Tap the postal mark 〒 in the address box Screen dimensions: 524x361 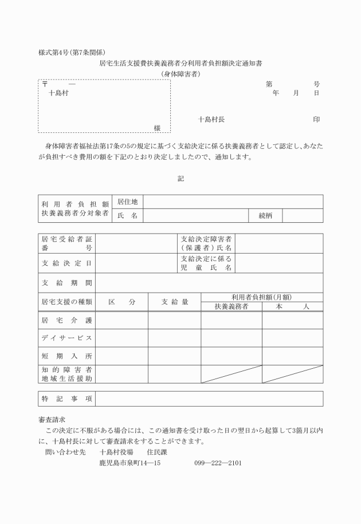(x=45, y=84)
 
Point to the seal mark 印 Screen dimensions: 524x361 (x=316, y=120)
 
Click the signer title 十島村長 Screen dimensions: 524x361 (x=211, y=120)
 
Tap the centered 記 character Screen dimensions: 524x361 (x=180, y=179)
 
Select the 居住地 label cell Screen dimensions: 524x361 (x=127, y=202)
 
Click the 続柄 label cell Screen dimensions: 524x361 (x=265, y=215)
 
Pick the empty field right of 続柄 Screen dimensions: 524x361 (x=302, y=215)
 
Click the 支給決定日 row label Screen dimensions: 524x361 (x=66, y=263)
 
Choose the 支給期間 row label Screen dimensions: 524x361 (x=66, y=283)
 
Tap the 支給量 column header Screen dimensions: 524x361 (x=174, y=302)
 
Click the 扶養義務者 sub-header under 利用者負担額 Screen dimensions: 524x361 (x=231, y=307)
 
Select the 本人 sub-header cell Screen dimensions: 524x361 (x=292, y=307)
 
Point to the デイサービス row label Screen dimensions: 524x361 (x=66, y=338)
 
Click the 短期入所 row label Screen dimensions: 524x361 (x=66, y=356)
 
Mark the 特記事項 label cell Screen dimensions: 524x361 (x=66, y=399)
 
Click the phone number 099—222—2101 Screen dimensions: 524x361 (x=218, y=463)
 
